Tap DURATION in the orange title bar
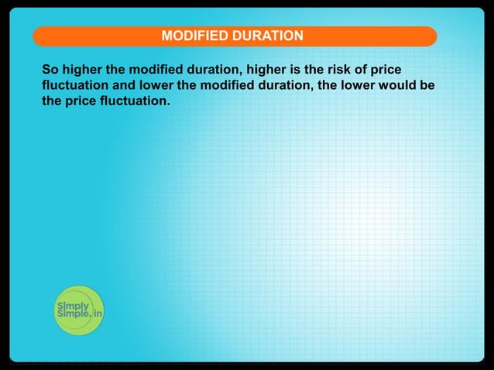tap(262, 36)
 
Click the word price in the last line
tap(81, 101)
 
